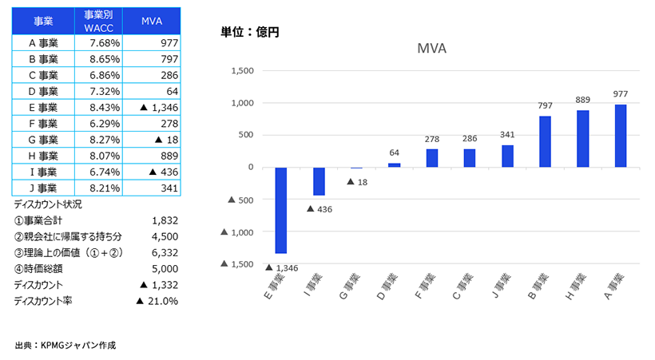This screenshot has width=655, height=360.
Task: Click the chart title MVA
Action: point(431,48)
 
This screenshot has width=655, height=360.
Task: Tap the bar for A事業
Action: point(621,136)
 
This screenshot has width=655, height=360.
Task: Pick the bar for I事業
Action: point(319,181)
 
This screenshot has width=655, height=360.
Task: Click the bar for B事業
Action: point(545,141)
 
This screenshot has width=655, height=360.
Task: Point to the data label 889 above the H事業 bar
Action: point(582,100)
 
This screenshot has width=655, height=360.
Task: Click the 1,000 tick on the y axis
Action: point(241,103)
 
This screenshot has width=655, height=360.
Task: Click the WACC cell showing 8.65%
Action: point(102,58)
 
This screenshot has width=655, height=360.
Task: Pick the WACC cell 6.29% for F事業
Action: point(102,124)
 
